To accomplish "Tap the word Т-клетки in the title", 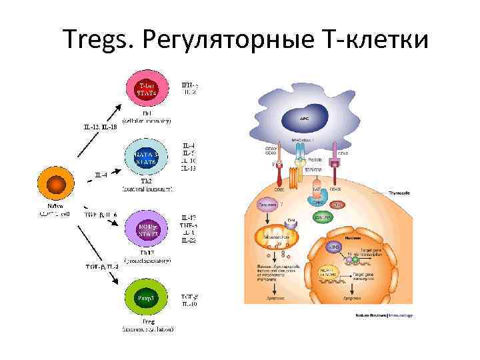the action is pyautogui.click(x=373, y=40).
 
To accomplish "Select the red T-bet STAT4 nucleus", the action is pyautogui.click(x=146, y=90).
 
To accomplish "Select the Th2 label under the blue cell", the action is pyautogui.click(x=146, y=181).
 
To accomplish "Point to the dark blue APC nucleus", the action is pyautogui.click(x=305, y=119).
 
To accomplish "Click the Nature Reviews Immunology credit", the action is pyautogui.click(x=387, y=315).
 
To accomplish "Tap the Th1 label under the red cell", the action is pyautogui.click(x=146, y=113).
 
